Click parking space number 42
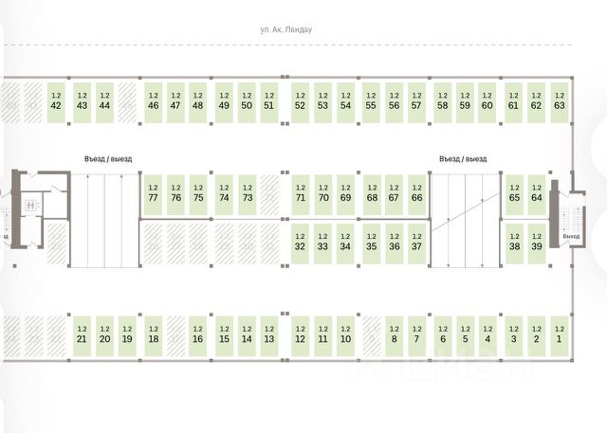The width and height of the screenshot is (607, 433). tap(55, 100)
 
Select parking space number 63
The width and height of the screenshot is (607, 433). tap(560, 100)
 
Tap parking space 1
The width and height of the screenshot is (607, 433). tap(560, 334)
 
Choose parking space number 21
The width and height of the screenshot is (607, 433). tap(82, 334)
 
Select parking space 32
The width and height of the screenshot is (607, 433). tap(300, 242)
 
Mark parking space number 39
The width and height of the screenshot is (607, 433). tap(537, 242)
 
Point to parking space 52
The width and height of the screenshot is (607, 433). tap(300, 100)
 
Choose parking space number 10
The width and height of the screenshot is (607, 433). tap(345, 334)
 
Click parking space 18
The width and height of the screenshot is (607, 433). tap(154, 334)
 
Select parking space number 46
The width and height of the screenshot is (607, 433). tap(154, 100)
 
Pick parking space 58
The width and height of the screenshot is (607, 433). tap(442, 100)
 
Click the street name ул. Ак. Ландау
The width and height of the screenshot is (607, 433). tap(300, 30)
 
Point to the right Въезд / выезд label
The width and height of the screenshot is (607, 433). tap(462, 159)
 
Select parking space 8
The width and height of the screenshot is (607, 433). tap(395, 334)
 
